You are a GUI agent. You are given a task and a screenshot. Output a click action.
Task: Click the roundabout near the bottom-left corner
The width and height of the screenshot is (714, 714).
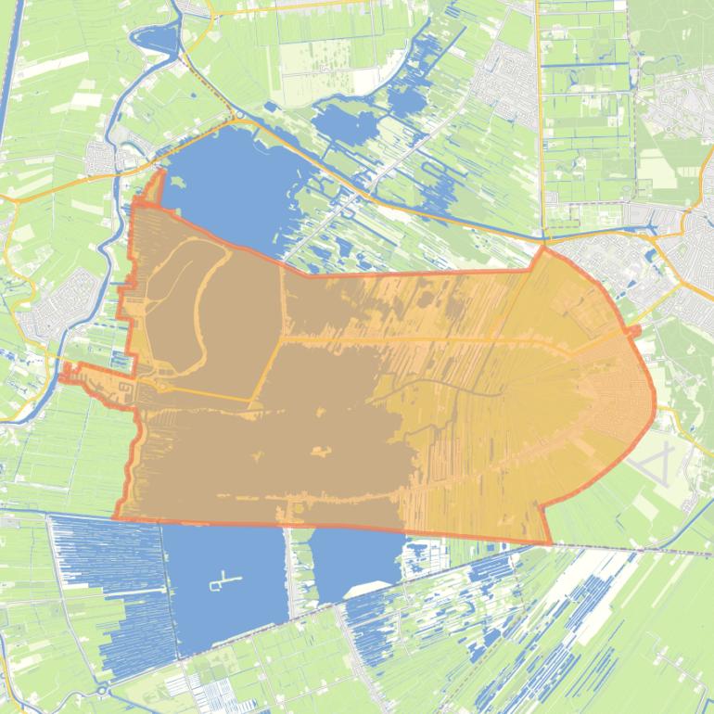pyautogui.click(x=102, y=691)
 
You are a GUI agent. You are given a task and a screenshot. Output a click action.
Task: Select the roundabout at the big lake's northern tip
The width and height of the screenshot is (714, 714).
pyautogui.click(x=239, y=118)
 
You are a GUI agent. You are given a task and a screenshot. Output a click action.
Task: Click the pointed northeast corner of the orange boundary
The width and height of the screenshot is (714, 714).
pyautogui.click(x=543, y=247)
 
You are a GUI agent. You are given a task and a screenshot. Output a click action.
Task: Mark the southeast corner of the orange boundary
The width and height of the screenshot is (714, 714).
pyautogui.click(x=550, y=543)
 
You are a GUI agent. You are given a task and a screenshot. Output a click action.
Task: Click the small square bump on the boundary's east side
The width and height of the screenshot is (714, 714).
pyautogui.click(x=635, y=331)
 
